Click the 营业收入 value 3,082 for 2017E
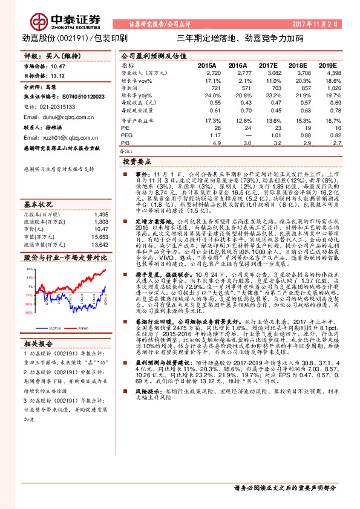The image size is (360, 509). [267, 72]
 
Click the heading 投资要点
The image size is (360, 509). [136, 163]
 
